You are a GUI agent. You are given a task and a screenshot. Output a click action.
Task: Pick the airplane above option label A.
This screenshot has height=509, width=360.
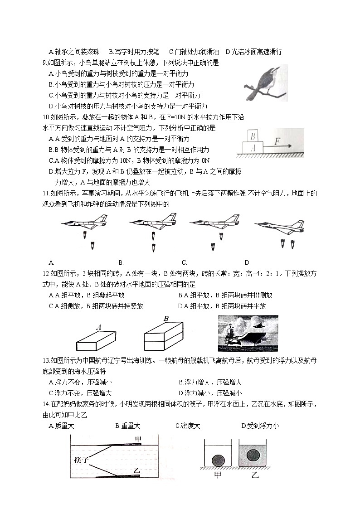85,222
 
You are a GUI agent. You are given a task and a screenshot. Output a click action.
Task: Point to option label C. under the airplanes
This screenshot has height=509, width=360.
185,262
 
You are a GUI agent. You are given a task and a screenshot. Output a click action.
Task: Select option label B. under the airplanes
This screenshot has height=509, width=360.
121,262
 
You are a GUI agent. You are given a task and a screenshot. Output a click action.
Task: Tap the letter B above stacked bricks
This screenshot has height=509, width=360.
166,319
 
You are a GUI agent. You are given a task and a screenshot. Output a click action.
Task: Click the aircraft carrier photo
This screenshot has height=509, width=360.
248,333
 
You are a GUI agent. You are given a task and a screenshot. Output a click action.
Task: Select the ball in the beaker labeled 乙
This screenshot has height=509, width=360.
249,455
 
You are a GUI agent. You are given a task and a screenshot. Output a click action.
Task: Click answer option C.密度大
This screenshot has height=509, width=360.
187,426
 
